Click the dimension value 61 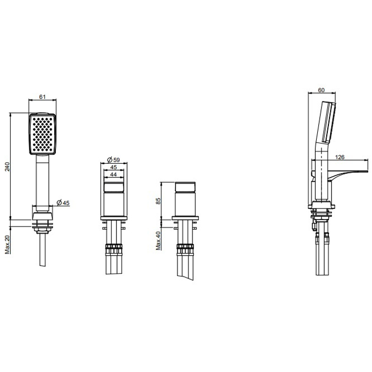[42, 97]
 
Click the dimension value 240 [7, 166]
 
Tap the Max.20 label [7, 244]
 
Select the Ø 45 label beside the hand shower [63, 202]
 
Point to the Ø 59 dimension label [114, 160]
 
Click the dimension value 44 [114, 174]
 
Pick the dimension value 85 [158, 201]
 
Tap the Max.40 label [158, 241]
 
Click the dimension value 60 [321, 90]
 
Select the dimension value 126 [340, 157]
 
